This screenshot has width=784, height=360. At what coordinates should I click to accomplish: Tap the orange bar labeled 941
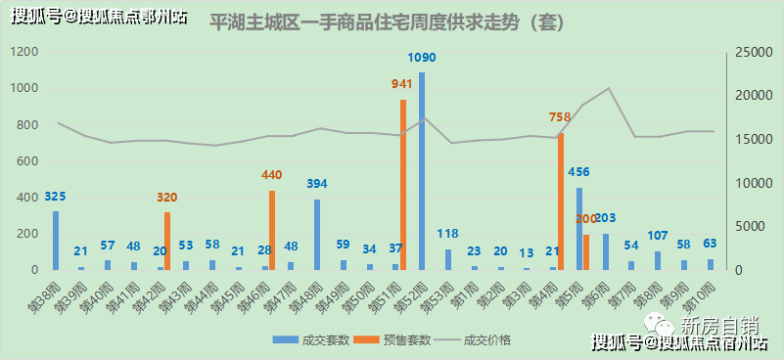[x=402, y=185]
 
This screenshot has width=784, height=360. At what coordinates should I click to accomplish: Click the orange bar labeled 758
[x=561, y=202]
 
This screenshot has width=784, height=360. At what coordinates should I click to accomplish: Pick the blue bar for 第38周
[x=56, y=241]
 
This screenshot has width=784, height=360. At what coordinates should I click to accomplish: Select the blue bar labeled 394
[x=317, y=235]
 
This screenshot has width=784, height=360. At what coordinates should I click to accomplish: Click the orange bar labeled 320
[x=166, y=241]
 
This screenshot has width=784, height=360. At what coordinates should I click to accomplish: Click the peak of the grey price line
[x=609, y=88]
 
